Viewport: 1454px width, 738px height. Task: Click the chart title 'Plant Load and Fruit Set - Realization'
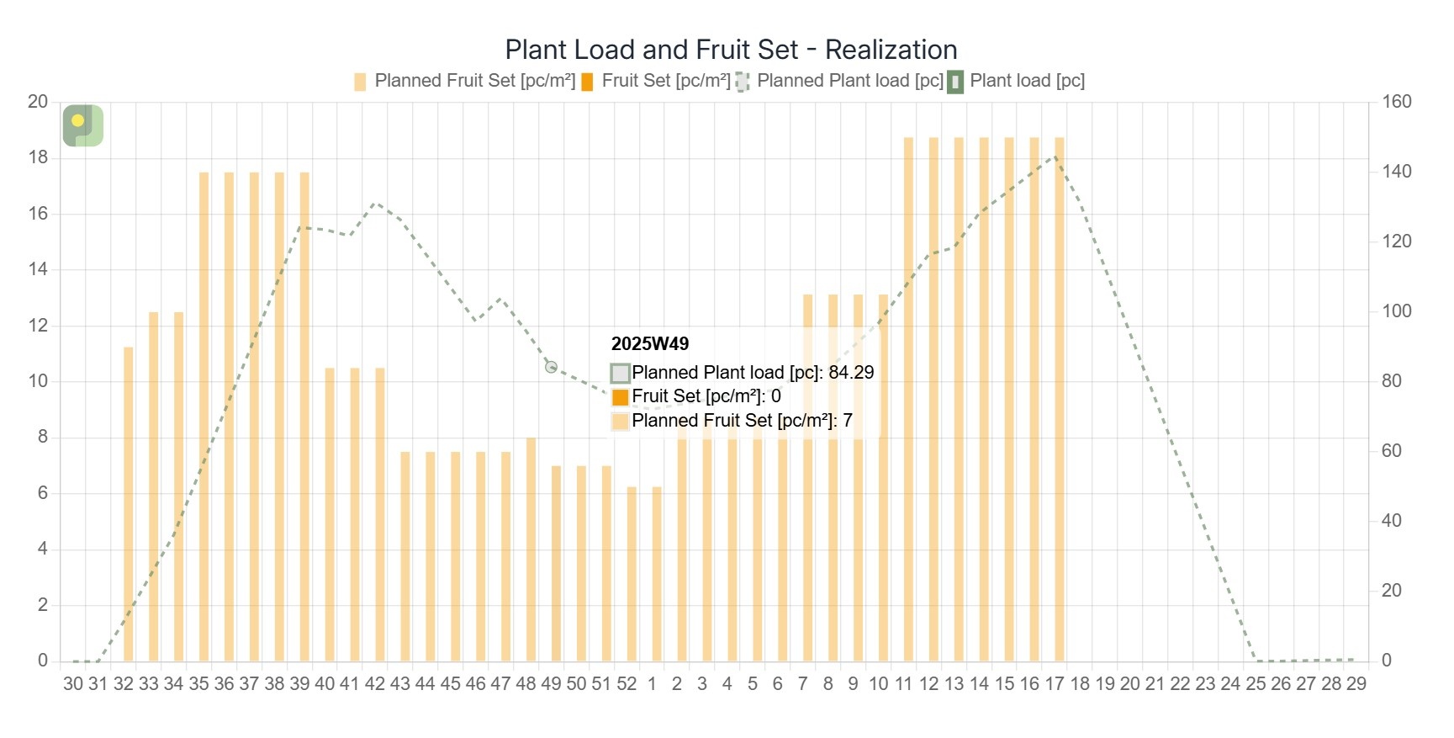point(731,50)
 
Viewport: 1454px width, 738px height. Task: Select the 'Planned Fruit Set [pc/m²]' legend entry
point(465,81)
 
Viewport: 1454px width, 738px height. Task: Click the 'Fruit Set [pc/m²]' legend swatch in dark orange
point(587,82)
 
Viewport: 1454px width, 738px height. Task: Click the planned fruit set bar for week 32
point(129,505)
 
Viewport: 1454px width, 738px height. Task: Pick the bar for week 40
point(330,513)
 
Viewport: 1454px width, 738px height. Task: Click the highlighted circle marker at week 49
point(551,367)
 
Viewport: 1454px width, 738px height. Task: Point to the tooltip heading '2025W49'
point(650,343)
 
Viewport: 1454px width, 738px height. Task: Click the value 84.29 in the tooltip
point(851,372)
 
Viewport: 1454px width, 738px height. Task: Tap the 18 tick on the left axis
point(38,157)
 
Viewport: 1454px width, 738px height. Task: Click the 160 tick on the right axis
point(1396,102)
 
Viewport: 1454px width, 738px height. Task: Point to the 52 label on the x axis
point(627,684)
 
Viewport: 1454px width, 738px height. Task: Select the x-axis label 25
point(1256,684)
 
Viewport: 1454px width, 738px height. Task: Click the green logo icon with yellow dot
point(83,125)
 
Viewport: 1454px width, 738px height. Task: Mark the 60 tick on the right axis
point(1391,451)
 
